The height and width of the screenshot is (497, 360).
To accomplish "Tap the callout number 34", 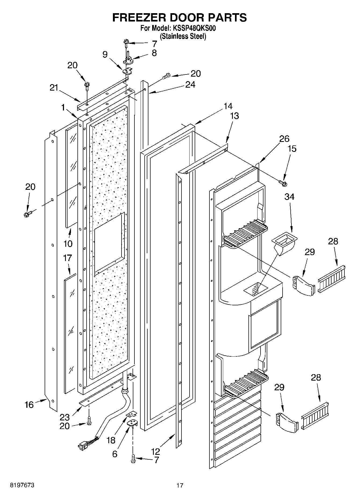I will click(289, 197).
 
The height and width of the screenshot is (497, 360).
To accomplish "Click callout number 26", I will click(284, 139).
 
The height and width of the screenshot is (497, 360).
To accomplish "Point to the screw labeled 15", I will click(283, 183).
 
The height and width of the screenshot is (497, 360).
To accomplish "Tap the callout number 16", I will click(29, 405).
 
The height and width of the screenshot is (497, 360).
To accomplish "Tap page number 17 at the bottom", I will click(180, 485).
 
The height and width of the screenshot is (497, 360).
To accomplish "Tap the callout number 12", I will click(155, 451).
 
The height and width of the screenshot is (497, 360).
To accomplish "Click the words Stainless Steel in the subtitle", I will click(183, 37).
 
